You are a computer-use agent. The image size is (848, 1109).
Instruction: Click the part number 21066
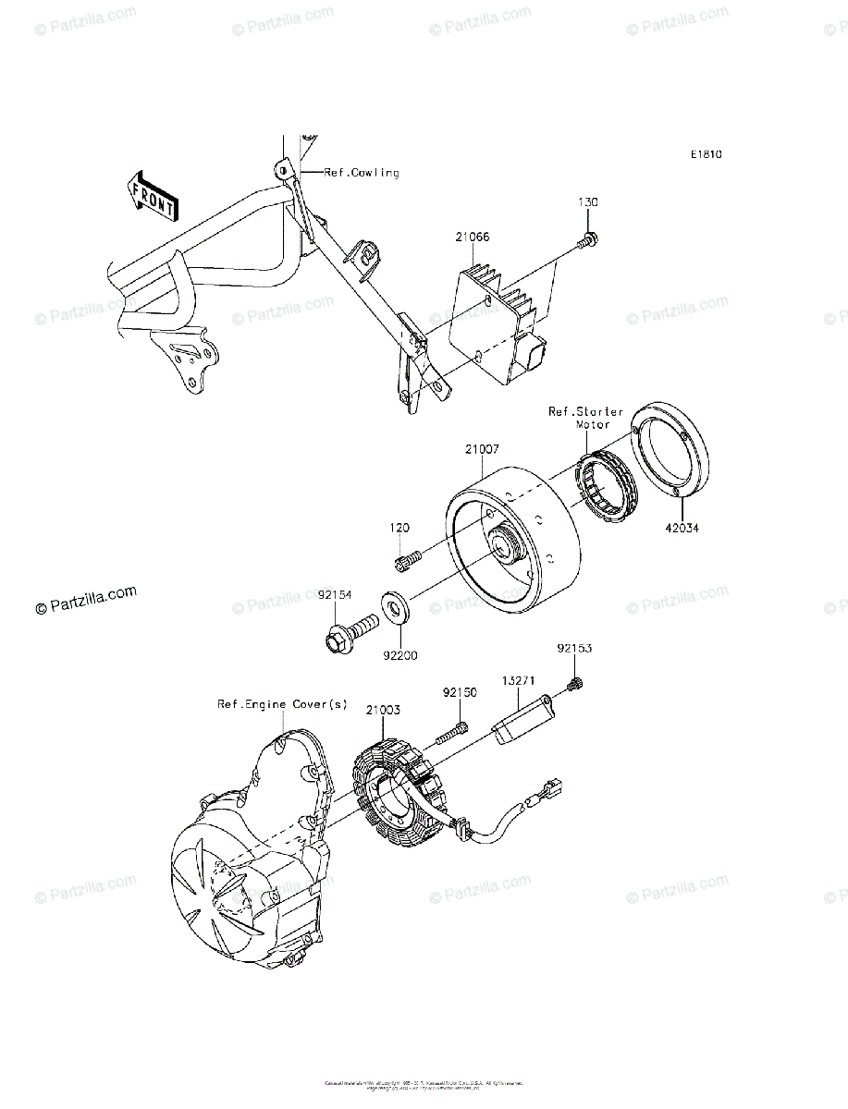click(472, 238)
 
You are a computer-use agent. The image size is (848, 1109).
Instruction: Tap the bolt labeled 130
click(588, 242)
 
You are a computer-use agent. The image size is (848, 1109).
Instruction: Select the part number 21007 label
click(482, 450)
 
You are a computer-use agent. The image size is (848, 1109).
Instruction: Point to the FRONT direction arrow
click(153, 196)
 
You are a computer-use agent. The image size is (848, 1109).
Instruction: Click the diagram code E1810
click(704, 154)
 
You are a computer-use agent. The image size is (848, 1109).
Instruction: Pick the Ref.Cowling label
click(362, 173)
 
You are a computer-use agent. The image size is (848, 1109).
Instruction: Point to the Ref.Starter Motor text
click(585, 418)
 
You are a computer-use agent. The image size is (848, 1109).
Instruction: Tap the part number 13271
click(521, 677)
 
